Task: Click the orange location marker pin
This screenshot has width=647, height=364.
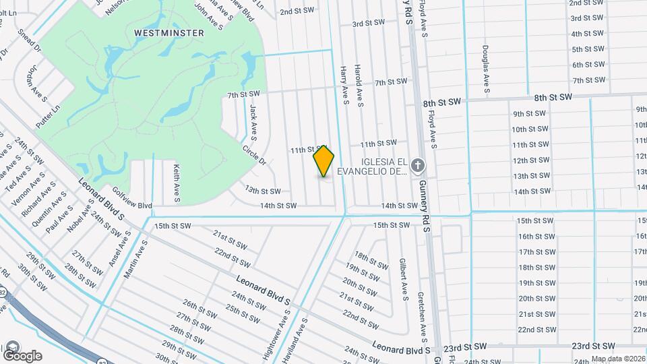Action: point(324,160)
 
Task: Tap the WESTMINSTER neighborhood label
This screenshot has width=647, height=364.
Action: point(160,32)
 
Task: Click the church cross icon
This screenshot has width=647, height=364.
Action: point(418,166)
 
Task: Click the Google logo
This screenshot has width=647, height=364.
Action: point(22,355)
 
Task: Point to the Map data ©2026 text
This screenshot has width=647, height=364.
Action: point(617,359)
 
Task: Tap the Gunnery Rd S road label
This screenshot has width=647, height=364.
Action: point(425,198)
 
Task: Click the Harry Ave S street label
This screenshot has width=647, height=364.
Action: point(344,85)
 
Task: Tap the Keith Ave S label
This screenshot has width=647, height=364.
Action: point(176,183)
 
